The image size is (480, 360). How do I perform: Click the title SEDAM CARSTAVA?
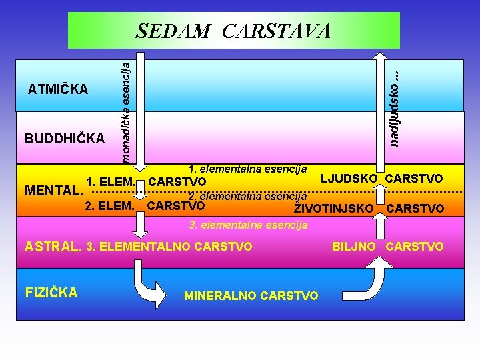click(233, 31)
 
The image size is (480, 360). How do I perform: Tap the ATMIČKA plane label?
click(58, 89)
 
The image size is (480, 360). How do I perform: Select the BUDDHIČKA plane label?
click(65, 139)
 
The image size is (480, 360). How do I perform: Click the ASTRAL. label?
click(53, 247)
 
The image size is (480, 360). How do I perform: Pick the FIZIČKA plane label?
click(51, 292)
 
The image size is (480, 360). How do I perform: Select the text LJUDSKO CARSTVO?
click(382, 178)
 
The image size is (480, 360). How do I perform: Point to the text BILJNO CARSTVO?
click(387, 247)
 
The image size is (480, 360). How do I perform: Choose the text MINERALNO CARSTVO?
click(251, 295)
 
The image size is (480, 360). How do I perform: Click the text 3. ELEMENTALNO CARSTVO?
click(169, 247)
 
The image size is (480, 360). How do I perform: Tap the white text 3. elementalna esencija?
click(248, 225)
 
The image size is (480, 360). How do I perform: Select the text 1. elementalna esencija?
click(247, 168)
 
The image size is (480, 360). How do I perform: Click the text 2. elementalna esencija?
click(247, 197)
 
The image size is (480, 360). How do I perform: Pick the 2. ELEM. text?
click(111, 205)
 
